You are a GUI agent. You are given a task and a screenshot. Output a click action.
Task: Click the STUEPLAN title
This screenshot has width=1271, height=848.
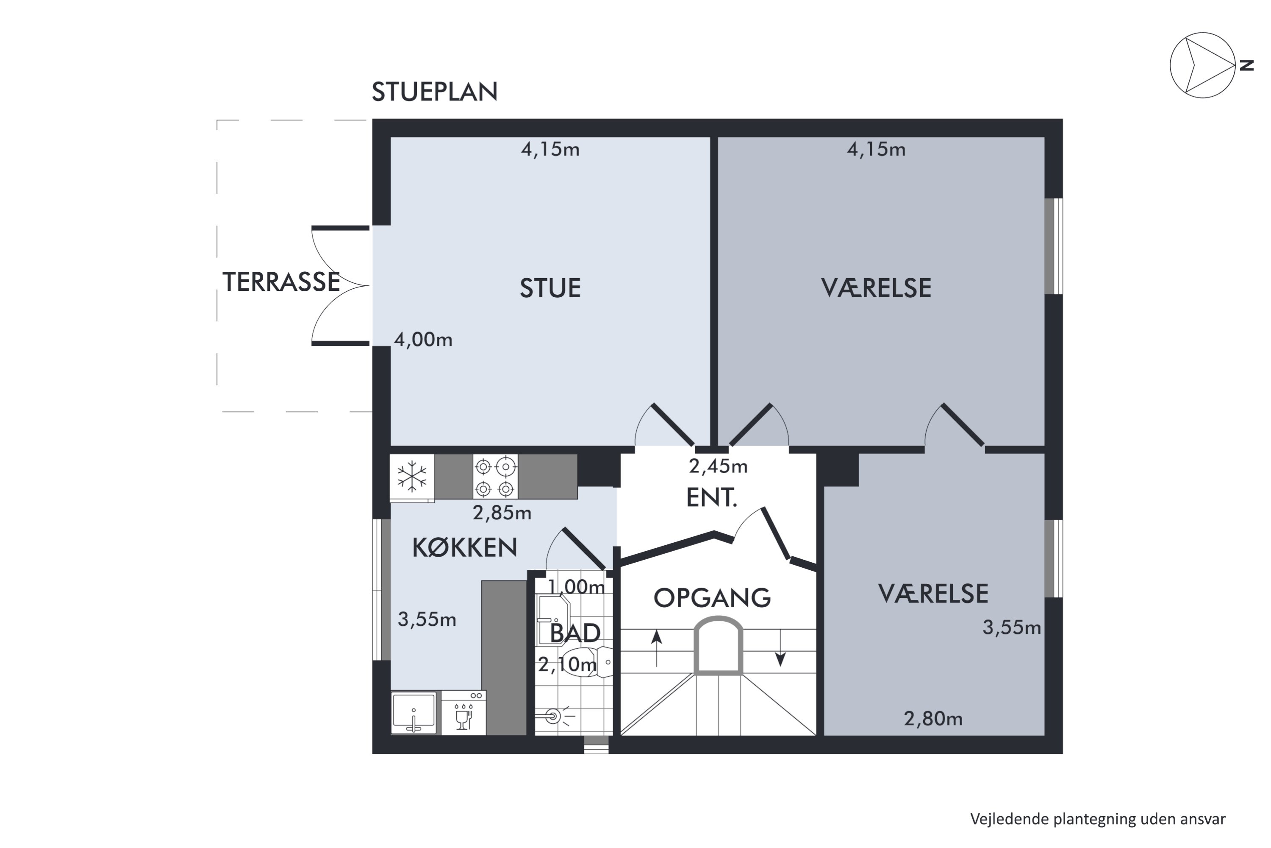pos(435,92)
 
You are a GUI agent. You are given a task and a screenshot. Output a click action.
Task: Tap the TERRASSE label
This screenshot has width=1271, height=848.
pos(281,282)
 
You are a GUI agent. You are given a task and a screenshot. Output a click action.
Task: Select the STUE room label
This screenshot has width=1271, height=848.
pos(550,288)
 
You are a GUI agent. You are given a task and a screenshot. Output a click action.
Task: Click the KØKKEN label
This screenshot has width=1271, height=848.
pos(465,548)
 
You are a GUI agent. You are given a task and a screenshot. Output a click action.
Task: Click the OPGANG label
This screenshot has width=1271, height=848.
pos(712,597)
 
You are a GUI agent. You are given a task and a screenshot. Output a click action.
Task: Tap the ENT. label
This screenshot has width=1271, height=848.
pos(712,497)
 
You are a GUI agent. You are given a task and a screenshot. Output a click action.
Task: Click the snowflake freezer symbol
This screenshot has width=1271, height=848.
pos(412,477)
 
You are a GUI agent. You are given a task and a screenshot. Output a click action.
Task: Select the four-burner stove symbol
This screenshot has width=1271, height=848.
pos(495,477)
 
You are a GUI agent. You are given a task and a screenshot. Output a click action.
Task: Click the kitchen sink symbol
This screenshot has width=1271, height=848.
pos(413,713)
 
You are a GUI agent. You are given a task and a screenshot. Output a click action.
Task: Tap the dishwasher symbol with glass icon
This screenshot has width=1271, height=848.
pos(463,713)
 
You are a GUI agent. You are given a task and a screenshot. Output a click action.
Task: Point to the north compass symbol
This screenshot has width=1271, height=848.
pos(1203,65)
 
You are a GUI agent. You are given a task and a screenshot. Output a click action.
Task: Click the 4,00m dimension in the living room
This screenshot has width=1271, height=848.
pos(423,340)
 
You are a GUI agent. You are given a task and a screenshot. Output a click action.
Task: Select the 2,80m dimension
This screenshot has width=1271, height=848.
pos(933,719)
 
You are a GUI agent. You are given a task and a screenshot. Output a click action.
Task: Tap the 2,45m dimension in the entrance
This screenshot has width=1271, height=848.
pos(718,466)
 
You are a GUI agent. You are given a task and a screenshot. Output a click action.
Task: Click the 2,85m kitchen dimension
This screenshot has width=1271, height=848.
pos(502,513)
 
